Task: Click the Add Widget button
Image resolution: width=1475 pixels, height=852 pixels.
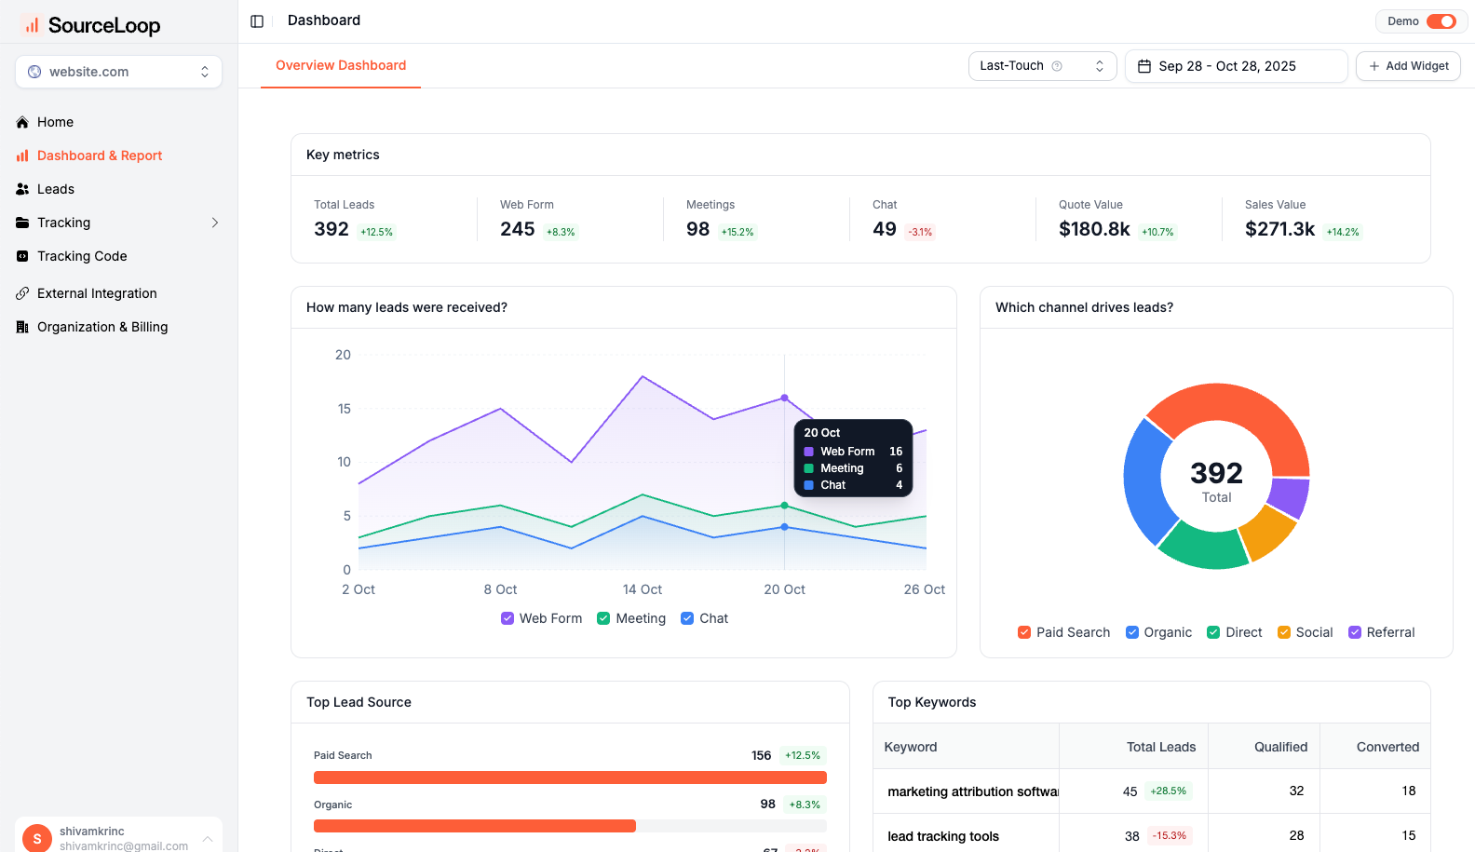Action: [x=1408, y=66]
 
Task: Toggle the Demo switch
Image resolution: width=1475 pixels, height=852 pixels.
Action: [x=1441, y=21]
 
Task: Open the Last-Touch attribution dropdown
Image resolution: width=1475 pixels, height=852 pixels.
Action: [x=1042, y=66]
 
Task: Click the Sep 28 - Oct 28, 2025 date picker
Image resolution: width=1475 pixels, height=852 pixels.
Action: [x=1236, y=66]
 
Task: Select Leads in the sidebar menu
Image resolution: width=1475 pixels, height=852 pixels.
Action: [x=55, y=189]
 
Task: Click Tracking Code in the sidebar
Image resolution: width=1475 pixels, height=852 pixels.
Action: [x=82, y=256]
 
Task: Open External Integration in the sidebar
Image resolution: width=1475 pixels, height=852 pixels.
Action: [x=97, y=293]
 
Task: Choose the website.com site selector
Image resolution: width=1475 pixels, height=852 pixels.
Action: [x=118, y=72]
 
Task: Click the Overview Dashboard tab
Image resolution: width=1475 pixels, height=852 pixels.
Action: [x=341, y=65]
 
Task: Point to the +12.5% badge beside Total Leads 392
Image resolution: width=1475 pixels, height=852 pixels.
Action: [x=377, y=232]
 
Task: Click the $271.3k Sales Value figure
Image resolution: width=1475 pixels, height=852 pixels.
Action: [x=1279, y=229]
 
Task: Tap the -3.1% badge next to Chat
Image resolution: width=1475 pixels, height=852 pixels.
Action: [x=920, y=232]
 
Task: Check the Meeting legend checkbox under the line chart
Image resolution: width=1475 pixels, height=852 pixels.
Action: [x=603, y=618]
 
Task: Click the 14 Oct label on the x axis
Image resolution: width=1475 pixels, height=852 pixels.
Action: [x=643, y=589]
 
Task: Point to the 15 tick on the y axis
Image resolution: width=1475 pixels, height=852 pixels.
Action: [x=345, y=409]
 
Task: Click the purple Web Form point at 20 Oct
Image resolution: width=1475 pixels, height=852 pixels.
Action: [x=784, y=398]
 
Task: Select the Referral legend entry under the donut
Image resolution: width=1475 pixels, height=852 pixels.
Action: [x=1382, y=632]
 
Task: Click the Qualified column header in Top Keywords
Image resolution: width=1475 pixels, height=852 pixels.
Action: [x=1280, y=747]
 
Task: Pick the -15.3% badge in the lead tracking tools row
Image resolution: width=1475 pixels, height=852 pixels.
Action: [x=1170, y=835]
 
